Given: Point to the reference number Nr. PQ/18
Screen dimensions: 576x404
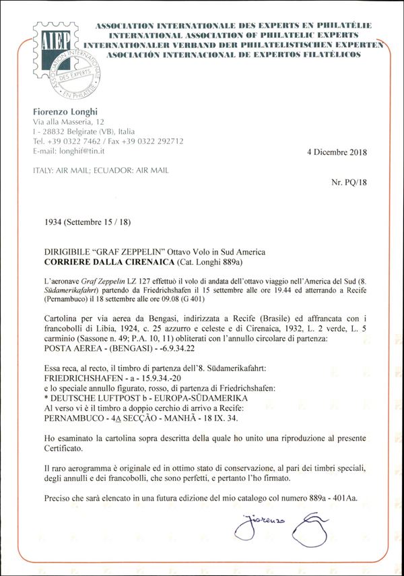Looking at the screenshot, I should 349,183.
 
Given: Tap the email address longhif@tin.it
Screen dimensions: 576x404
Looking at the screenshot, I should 78,152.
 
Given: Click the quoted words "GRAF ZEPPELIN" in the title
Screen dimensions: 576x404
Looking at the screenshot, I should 122,251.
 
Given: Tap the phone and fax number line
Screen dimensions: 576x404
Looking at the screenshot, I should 108,141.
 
